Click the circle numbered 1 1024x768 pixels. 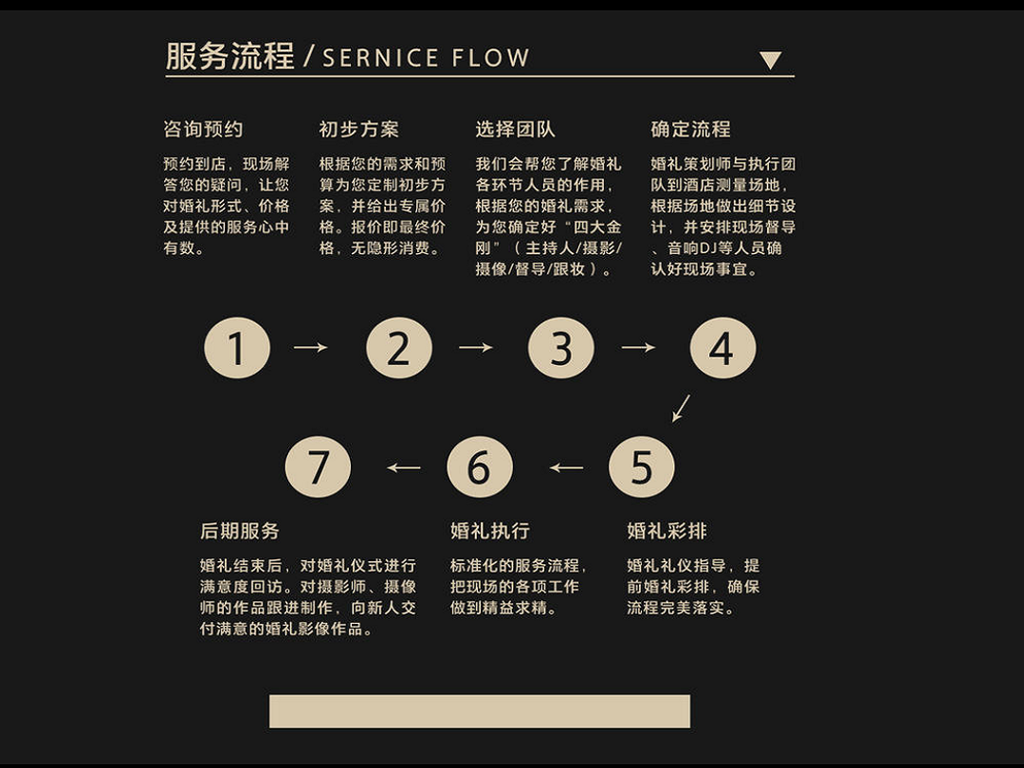click(x=237, y=348)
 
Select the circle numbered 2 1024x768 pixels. click(x=399, y=348)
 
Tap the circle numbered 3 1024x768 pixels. click(x=561, y=348)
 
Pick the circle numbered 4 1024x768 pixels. click(x=722, y=348)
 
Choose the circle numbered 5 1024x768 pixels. click(x=642, y=466)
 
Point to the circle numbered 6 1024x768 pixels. click(x=480, y=466)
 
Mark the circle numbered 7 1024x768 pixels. click(x=318, y=466)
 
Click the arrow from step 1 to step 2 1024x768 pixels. click(x=310, y=348)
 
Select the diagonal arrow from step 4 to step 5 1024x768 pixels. click(x=681, y=408)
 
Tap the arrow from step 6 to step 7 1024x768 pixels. click(x=404, y=466)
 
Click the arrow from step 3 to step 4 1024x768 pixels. click(x=638, y=348)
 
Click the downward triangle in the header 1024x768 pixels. click(x=770, y=61)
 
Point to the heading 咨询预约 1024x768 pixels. click(x=203, y=130)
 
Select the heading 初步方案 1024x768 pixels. click(x=358, y=130)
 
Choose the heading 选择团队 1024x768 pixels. click(x=515, y=130)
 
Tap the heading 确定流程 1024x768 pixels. click(x=690, y=130)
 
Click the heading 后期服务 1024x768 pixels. click(x=240, y=531)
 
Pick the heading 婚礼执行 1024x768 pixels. click(x=490, y=531)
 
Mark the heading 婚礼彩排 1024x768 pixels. click(x=667, y=531)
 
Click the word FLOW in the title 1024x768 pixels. click(x=490, y=58)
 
